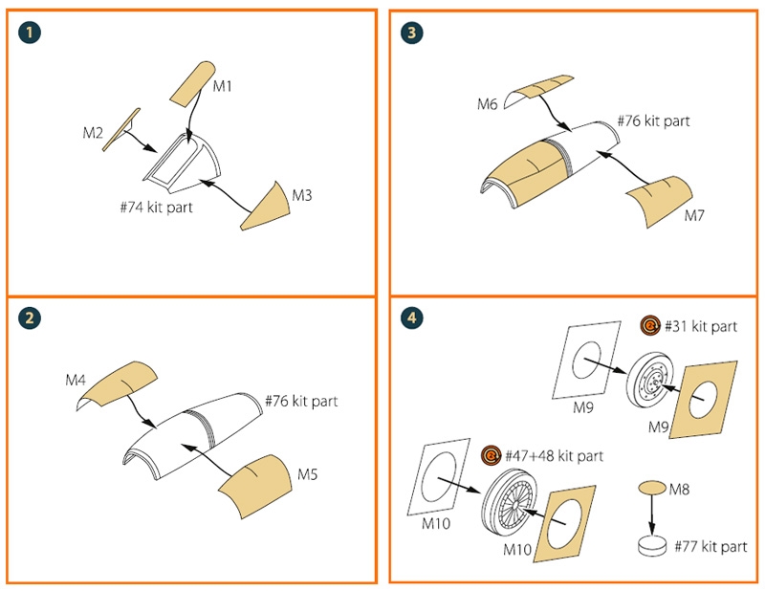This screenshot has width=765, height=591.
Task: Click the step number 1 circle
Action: coord(33,33)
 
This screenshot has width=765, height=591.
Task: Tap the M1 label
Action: coord(223,87)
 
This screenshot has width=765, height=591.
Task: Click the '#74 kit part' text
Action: coord(157,207)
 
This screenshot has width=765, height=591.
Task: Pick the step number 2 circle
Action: coord(33,319)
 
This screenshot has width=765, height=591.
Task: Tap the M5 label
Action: coord(309,473)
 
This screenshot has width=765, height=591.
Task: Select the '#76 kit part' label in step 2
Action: coord(300,401)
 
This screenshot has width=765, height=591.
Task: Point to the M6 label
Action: coord(487,102)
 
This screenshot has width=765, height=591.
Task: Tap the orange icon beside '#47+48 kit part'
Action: coord(491,454)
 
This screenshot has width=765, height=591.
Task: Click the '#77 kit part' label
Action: coord(710,546)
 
